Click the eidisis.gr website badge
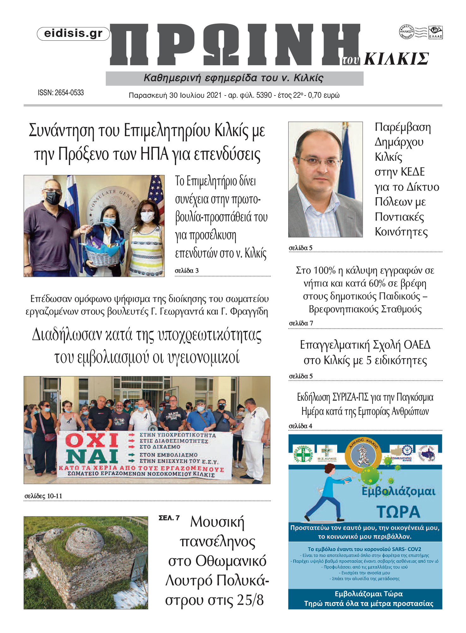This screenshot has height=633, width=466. coord(73,34)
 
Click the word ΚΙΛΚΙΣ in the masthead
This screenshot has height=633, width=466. coord(396,59)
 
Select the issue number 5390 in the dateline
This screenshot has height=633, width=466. coord(264,95)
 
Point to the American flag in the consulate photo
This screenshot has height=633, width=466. coord(158,195)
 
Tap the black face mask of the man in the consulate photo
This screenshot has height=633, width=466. coord(53,198)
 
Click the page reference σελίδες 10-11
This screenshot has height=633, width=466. coord(43,496)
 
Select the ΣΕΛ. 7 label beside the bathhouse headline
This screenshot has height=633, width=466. coord(169,518)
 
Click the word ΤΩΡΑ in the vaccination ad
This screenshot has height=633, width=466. coord(398,512)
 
